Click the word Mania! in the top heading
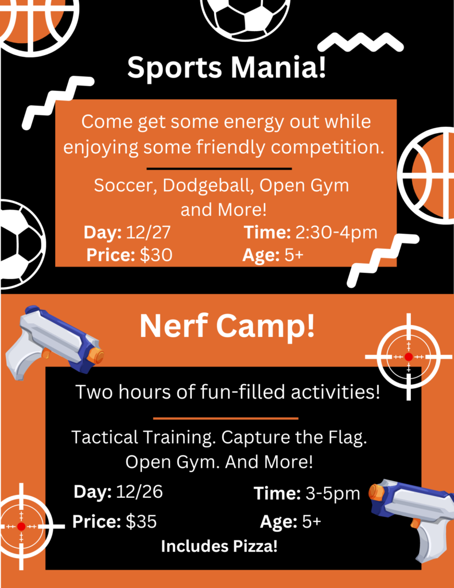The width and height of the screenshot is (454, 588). [x=278, y=67]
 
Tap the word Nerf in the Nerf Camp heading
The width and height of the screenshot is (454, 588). [x=173, y=326]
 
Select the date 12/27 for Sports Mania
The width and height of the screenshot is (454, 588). [x=148, y=232]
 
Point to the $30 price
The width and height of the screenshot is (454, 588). [x=156, y=255]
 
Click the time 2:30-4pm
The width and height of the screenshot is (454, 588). [x=336, y=233]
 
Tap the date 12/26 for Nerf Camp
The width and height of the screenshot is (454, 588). [x=139, y=492]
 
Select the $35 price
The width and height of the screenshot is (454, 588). [x=141, y=521]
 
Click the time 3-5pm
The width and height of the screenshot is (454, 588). [x=332, y=493]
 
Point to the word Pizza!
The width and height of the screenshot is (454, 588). [x=255, y=546]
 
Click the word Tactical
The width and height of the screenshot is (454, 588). [x=104, y=437]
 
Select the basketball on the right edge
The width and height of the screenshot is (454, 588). [x=428, y=176]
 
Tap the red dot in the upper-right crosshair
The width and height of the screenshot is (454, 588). [x=409, y=357]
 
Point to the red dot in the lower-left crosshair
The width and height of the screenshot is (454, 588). [x=21, y=527]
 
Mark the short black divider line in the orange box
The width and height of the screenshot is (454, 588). [x=219, y=169]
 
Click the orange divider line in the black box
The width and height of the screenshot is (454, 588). [x=226, y=418]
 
